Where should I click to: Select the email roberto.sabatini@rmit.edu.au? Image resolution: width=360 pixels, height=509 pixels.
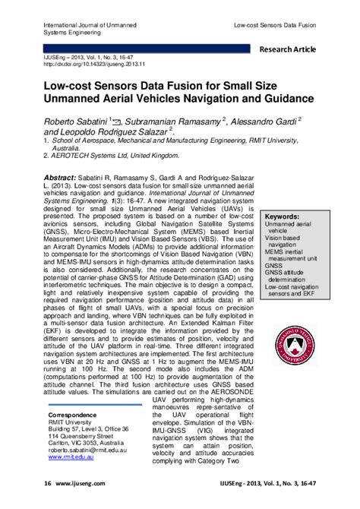[95, 450]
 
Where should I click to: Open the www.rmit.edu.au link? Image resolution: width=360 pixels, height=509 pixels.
[73, 457]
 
